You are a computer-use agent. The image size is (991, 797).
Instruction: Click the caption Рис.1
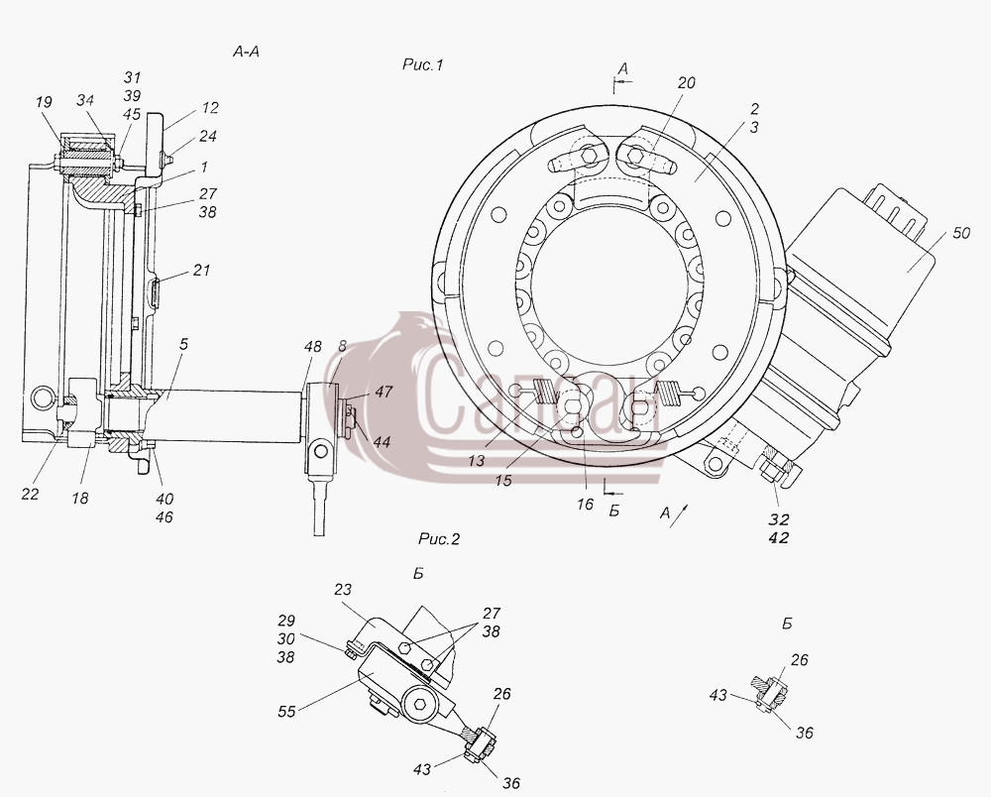(423, 64)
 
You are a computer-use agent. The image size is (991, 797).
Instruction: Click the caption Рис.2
(439, 539)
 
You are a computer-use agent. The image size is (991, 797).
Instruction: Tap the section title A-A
(246, 52)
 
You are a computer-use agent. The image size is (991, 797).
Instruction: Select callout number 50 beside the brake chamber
(960, 233)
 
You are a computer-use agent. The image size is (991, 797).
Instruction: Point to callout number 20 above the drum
(687, 83)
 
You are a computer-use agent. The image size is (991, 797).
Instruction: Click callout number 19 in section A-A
(44, 102)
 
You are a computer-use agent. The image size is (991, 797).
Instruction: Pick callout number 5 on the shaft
(183, 344)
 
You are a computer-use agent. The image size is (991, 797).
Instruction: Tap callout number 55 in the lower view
(286, 711)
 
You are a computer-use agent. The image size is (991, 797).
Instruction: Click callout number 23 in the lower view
(343, 589)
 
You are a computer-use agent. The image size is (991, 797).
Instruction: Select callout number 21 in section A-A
(201, 270)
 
